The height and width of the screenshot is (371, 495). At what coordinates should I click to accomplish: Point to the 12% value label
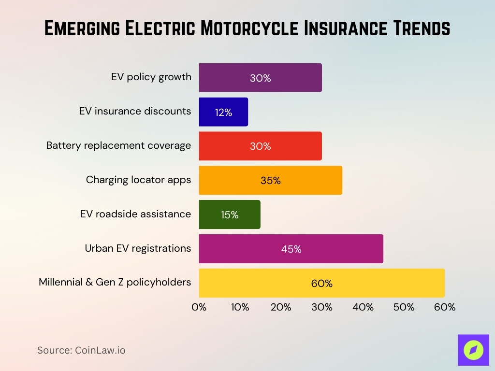pyautogui.click(x=223, y=113)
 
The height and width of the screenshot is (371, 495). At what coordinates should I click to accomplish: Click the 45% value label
pyautogui.click(x=291, y=249)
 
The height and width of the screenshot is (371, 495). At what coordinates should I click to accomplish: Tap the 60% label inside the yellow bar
pyautogui.click(x=321, y=284)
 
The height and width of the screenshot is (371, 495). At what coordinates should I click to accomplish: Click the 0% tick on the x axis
pyautogui.click(x=199, y=307)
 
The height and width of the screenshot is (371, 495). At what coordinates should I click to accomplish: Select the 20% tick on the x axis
pyautogui.click(x=281, y=307)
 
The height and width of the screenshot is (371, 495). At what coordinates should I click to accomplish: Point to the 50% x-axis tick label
pyautogui.click(x=404, y=307)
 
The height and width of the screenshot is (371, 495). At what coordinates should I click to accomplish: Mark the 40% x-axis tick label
pyautogui.click(x=363, y=307)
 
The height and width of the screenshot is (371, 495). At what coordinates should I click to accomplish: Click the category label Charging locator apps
pyautogui.click(x=138, y=180)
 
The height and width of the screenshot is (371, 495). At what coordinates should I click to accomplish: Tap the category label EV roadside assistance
pyautogui.click(x=135, y=214)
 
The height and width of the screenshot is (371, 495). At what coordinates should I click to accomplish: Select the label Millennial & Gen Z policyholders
pyautogui.click(x=115, y=282)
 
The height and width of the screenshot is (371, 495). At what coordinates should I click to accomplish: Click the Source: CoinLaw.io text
pyautogui.click(x=81, y=350)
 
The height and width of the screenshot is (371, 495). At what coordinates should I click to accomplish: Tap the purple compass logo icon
pyautogui.click(x=473, y=350)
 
